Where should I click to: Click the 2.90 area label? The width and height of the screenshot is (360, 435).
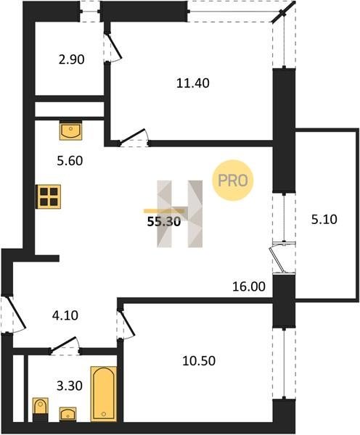(x=71, y=59)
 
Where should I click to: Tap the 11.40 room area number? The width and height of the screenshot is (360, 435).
(x=193, y=83)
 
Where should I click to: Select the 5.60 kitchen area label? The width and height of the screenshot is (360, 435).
(x=70, y=161)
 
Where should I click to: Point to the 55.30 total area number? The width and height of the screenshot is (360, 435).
(x=164, y=222)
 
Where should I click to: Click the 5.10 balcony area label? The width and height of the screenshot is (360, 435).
(x=324, y=220)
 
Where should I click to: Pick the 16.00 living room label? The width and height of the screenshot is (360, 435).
(x=249, y=286)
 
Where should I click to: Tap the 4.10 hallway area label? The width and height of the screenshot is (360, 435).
(x=65, y=315)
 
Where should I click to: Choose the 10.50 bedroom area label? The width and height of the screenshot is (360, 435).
(x=199, y=361)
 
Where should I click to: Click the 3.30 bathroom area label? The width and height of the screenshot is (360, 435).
(x=70, y=386)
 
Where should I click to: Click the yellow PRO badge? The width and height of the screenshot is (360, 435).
(x=233, y=181)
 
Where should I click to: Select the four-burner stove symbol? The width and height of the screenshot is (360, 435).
(x=49, y=196)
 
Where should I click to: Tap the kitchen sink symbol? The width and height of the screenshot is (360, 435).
(x=71, y=130)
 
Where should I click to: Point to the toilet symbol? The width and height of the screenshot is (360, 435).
(x=40, y=410)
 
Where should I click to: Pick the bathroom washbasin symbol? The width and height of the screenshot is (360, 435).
(x=67, y=414)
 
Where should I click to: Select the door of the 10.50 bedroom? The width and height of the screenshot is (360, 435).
(x=126, y=323)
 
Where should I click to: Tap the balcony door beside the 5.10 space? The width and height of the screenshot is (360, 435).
(x=281, y=258)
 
